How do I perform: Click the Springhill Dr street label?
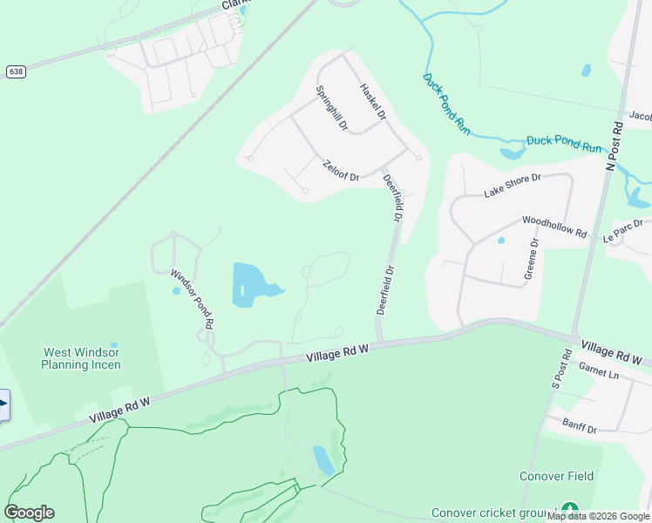point(331,108)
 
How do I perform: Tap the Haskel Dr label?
point(373,103)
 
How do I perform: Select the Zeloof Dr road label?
point(341,171)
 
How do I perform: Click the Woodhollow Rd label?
point(554,226)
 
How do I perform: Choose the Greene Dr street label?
point(532,258)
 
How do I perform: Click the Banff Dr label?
point(579,428)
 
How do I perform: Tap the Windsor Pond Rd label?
point(192,298)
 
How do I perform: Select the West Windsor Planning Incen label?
point(82,358)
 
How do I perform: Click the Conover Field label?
point(556,476)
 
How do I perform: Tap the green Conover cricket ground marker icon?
point(569,509)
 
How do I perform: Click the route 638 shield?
point(15,71)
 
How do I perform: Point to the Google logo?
point(29,513)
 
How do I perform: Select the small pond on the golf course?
point(323,460)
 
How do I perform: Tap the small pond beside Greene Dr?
point(501,240)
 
